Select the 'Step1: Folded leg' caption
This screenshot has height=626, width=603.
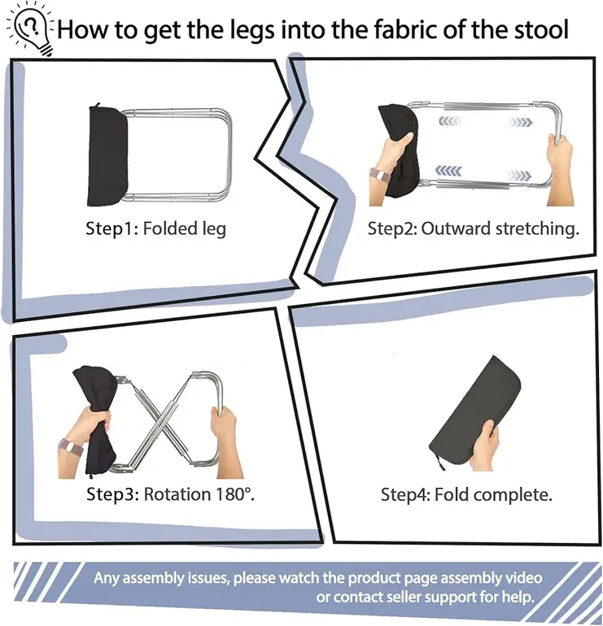pos(156,228)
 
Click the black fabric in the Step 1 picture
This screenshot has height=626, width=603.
pos(107,155)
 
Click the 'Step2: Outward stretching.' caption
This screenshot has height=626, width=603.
pos(473,228)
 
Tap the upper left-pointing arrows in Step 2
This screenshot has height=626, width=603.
pos(450,121)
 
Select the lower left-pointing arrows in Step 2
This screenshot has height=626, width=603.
pos(448,171)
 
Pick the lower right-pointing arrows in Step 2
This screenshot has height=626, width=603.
pos(519,176)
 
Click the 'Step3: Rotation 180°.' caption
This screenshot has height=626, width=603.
pos(171,494)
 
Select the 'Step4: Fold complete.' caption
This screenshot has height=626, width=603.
pos(466,494)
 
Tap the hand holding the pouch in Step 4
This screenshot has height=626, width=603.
pos(485,445)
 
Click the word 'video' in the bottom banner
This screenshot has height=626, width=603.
pos(523,578)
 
